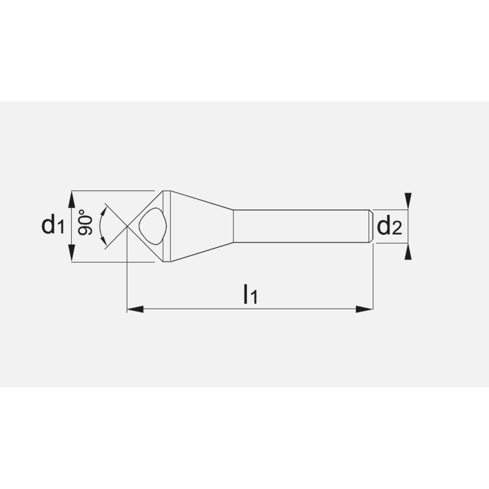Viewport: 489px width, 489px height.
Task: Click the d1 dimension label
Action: (x=53, y=225)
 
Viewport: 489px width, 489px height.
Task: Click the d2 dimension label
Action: (x=390, y=226)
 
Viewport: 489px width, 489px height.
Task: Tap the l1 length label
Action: (x=250, y=295)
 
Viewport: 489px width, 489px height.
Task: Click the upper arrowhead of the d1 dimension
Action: (x=71, y=199)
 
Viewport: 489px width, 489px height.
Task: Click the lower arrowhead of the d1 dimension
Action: (x=71, y=253)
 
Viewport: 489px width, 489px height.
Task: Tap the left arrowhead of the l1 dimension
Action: (x=134, y=309)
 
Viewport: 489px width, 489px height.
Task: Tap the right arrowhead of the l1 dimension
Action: (x=364, y=309)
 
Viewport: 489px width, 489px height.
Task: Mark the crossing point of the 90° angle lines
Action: (x=127, y=226)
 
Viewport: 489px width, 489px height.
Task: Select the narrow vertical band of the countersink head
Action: (x=167, y=226)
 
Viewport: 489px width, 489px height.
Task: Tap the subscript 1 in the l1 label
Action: (x=253, y=298)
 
